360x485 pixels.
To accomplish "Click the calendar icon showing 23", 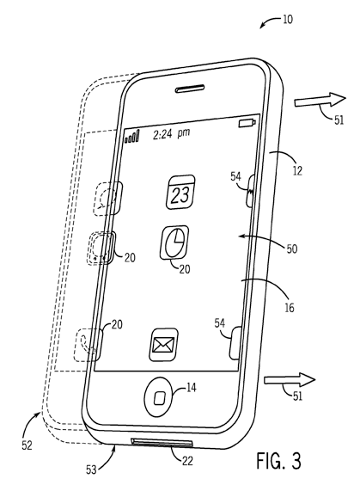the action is (x=180, y=192).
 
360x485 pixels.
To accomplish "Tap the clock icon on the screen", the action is (x=174, y=242).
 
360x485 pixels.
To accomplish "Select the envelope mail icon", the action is (x=164, y=345).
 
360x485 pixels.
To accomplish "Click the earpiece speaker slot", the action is (x=190, y=89).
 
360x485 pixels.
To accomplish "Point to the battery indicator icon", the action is (x=247, y=123).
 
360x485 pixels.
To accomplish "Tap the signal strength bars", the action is (x=132, y=137).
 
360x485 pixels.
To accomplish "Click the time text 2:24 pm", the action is (x=172, y=134).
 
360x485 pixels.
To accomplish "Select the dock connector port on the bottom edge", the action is (x=162, y=443).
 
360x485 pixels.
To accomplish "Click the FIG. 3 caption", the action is (x=278, y=461).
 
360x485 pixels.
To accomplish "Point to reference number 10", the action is (x=287, y=20).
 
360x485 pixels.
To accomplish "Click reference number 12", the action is (x=297, y=170).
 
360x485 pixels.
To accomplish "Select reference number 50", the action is (x=292, y=249).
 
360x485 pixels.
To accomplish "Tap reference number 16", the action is (x=290, y=308).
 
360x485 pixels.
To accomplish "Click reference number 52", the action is (x=27, y=445).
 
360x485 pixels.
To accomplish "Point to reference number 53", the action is (x=91, y=470).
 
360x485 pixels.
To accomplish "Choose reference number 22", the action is (x=187, y=461).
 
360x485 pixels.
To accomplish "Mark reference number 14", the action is (x=192, y=387).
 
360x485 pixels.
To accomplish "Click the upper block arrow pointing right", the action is (x=320, y=100).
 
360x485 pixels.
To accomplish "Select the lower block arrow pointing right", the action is (x=290, y=379).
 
